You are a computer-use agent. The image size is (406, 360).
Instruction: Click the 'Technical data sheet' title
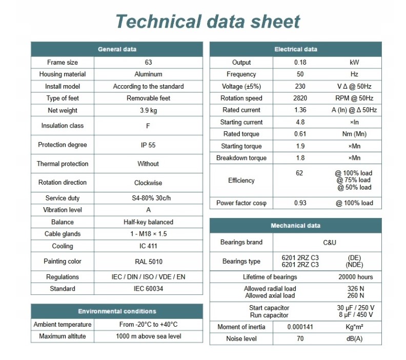[208, 22]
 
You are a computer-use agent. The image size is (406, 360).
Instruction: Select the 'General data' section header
[117, 49]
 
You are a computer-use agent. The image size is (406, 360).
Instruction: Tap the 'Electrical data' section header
[296, 49]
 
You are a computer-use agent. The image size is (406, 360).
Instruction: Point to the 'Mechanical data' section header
[296, 226]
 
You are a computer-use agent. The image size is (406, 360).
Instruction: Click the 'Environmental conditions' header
[117, 311]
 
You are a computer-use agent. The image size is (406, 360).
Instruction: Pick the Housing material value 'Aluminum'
[148, 74]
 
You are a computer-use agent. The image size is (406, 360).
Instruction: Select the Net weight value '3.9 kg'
[148, 110]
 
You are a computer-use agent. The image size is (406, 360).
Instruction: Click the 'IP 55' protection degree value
[148, 145]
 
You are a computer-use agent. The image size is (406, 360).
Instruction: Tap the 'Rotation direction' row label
[63, 183]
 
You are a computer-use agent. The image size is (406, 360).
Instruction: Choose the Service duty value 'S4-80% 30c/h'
[148, 198]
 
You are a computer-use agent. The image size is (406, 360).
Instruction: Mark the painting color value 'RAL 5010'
[148, 262]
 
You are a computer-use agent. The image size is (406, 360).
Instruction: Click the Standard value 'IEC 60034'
[148, 289]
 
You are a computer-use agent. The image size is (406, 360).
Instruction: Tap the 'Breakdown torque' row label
[241, 158]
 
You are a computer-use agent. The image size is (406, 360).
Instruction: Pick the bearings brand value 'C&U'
[327, 243]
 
